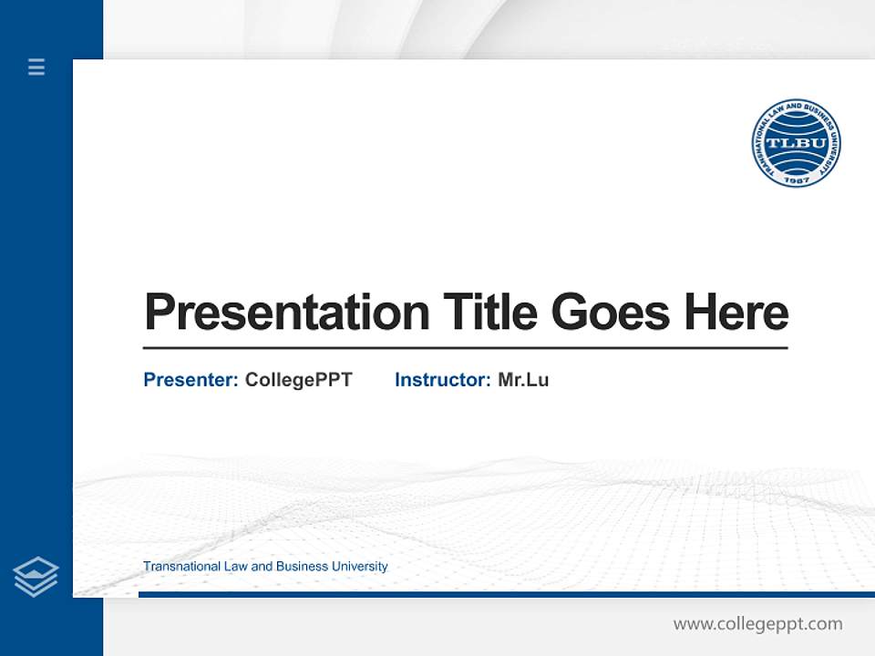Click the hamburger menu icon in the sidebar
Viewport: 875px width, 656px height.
(x=36, y=67)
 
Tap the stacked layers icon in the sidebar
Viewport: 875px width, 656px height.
(x=36, y=577)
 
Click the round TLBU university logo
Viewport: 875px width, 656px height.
(x=796, y=143)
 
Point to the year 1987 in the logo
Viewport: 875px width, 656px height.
(x=796, y=179)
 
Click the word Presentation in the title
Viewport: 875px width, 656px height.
(x=286, y=313)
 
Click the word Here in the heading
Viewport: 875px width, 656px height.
(x=736, y=313)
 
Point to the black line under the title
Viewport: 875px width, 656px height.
(x=465, y=347)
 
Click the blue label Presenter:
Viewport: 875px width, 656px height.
(x=190, y=380)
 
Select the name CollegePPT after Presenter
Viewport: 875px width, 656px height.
(x=298, y=380)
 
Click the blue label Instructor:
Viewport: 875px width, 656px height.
(x=442, y=380)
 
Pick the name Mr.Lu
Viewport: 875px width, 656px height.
(x=523, y=380)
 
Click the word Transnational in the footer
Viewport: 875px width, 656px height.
(x=182, y=567)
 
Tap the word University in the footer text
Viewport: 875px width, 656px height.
(x=359, y=567)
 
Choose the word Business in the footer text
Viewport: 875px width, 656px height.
(x=302, y=567)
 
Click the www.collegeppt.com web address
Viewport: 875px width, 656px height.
(x=757, y=624)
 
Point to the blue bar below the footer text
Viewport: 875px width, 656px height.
(x=506, y=594)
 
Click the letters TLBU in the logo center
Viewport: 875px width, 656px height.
(x=796, y=143)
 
